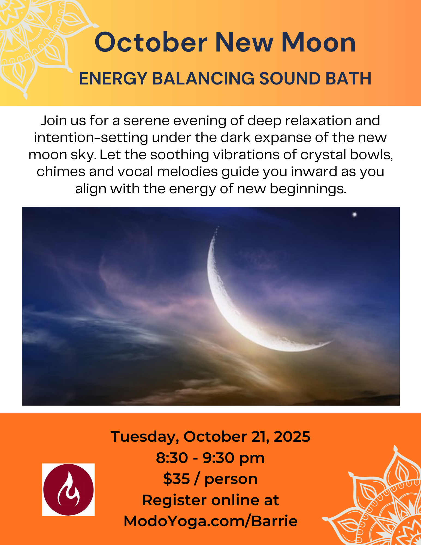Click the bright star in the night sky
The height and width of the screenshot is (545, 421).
[355, 214]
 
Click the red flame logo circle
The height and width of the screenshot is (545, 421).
[68, 490]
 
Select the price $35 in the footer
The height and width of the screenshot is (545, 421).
[177, 479]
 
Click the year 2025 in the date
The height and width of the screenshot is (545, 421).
[292, 437]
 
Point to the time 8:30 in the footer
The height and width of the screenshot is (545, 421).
[172, 458]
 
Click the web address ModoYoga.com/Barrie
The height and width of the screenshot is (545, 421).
[210, 521]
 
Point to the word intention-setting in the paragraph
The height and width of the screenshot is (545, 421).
[91, 138]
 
